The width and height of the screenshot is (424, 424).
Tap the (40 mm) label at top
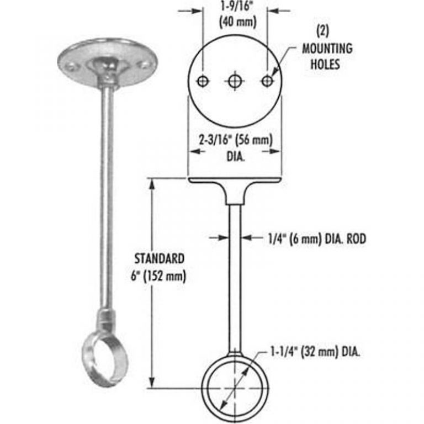(235, 23)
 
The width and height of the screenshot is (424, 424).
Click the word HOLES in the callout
(327, 64)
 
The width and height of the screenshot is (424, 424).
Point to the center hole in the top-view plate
(235, 81)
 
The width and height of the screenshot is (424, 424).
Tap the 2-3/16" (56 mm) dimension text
(235, 141)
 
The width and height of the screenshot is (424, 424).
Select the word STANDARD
(161, 258)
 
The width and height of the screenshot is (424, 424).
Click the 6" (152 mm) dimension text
(161, 274)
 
